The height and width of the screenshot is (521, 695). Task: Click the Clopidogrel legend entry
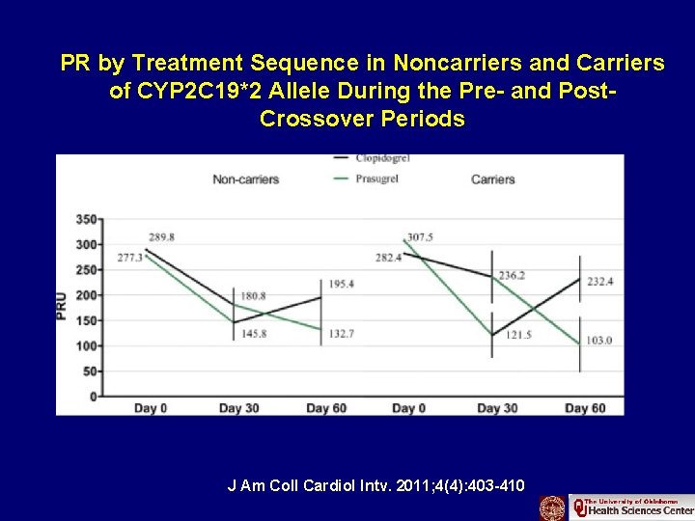point(377,157)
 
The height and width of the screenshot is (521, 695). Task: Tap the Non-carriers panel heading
point(245,179)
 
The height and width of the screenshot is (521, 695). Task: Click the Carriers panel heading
point(492,179)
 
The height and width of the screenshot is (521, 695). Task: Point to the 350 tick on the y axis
point(86,219)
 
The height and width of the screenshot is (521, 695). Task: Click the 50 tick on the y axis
point(89,370)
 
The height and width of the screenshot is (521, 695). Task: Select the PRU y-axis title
point(64,307)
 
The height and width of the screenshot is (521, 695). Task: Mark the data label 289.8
point(162,236)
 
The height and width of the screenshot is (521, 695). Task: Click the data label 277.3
point(130,258)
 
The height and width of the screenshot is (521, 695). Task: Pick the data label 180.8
point(253,295)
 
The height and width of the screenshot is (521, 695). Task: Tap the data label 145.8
point(253,334)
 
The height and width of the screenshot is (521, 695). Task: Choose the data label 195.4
point(341,284)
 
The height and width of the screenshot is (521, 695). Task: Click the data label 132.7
point(341,334)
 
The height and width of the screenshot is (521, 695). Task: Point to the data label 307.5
point(420,236)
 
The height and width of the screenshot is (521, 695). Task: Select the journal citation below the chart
point(375,485)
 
